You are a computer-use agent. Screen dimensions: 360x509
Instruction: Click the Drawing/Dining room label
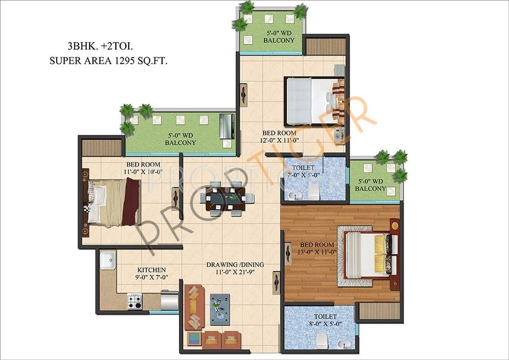[x=235, y=265]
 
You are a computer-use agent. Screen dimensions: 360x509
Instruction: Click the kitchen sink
[x=107, y=261]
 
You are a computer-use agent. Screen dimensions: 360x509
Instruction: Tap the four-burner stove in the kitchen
[x=134, y=301]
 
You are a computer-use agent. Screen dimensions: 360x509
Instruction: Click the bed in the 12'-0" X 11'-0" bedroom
[x=313, y=101]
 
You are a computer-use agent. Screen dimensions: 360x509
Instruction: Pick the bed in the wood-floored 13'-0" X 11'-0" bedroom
[x=369, y=255]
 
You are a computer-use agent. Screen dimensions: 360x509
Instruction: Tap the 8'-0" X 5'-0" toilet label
[x=325, y=320]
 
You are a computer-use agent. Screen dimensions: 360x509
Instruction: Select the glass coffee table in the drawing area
[x=219, y=305]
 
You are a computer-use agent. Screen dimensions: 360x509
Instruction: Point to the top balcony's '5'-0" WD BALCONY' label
[x=279, y=37]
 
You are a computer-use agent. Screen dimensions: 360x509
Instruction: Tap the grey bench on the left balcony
[x=227, y=126]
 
